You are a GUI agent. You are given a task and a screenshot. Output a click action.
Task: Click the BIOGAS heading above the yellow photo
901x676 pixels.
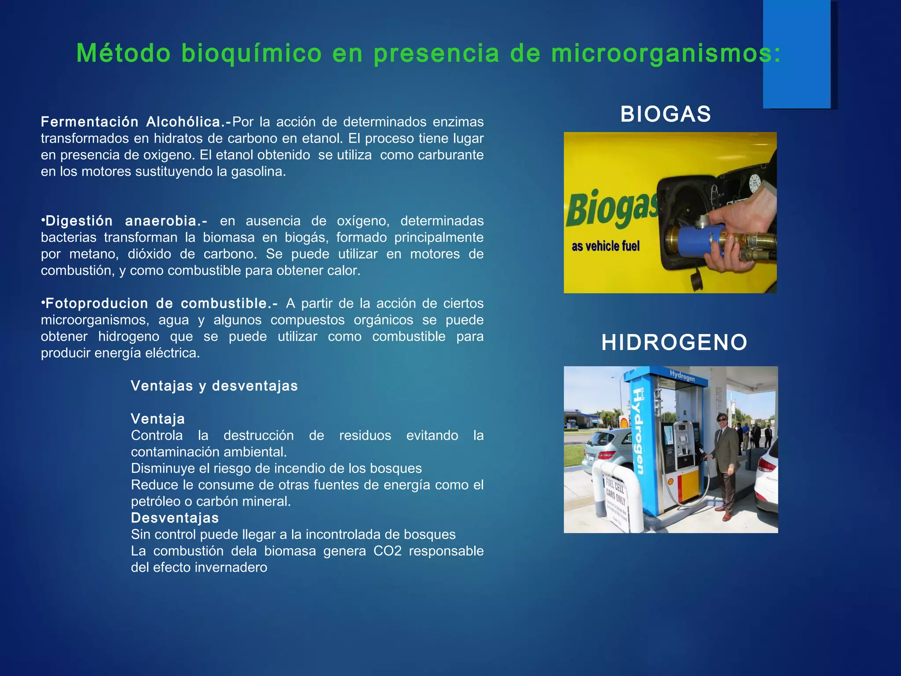coord(665,114)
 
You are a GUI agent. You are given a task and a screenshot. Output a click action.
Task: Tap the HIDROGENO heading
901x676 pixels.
coord(674,342)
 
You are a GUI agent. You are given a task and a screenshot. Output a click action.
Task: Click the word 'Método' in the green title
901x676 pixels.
coord(123,53)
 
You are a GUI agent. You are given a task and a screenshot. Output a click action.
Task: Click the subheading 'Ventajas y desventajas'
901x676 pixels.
coord(214,386)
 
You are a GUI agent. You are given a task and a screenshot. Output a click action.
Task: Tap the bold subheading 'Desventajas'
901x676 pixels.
coord(175,518)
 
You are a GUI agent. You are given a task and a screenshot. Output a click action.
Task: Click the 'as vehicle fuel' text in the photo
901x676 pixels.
coord(605,246)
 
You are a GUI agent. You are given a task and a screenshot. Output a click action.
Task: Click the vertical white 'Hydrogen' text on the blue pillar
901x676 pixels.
coord(639,431)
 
